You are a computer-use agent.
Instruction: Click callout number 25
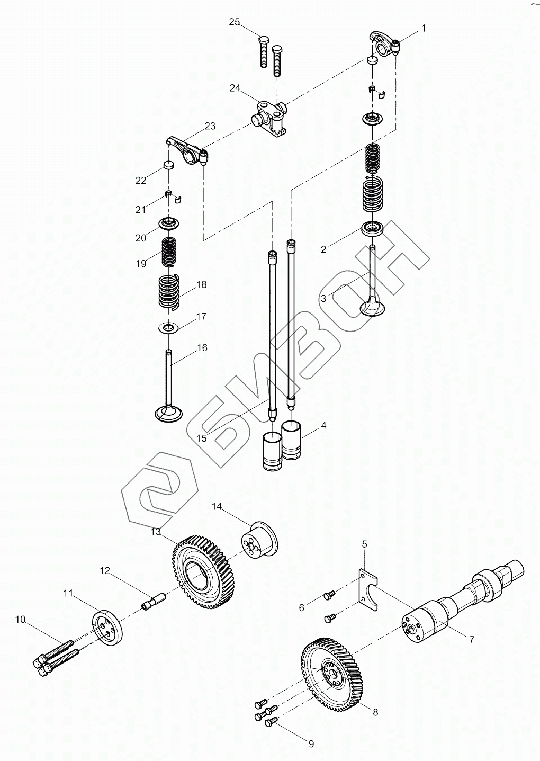[234, 22]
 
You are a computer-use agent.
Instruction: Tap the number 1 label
[423, 29]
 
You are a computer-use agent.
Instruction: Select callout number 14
[217, 507]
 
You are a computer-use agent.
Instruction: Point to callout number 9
[311, 744]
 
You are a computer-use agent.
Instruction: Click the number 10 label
[20, 619]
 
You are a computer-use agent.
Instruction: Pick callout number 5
[365, 544]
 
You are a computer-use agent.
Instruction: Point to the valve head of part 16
[169, 413]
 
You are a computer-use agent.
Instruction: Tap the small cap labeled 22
[168, 165]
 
